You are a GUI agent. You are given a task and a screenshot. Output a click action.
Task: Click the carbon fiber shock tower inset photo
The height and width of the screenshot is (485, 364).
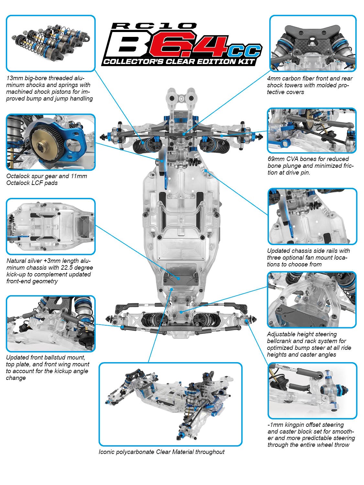(x=313, y=43)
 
